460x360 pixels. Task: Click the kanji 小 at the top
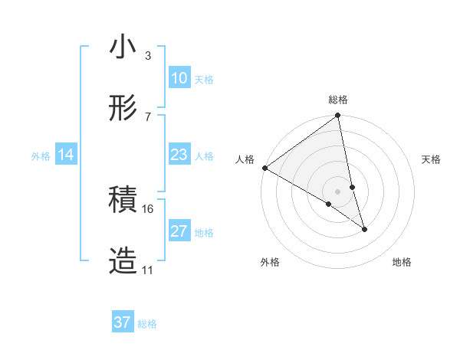pos(123,47)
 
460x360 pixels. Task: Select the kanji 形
pos(123,108)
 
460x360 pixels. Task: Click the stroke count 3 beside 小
pos(147,56)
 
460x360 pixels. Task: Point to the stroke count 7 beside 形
pos(147,116)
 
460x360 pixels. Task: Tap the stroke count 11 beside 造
pos(148,270)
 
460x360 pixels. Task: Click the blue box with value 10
pos(179,78)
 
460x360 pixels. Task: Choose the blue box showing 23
pos(179,155)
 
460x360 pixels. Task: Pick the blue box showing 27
pos(179,231)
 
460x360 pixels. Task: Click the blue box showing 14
pos(66,155)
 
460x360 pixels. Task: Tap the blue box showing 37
pos(123,322)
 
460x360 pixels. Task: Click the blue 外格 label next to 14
pos(41,156)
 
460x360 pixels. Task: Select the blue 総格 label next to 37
pos(147,324)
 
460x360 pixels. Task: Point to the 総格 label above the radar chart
pos(338,100)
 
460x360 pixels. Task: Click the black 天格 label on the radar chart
pos(431,159)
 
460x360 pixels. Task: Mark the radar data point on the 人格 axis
pos(264,168)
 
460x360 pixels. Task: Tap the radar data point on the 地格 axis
pos(364,229)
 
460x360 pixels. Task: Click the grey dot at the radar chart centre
pos(338,191)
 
